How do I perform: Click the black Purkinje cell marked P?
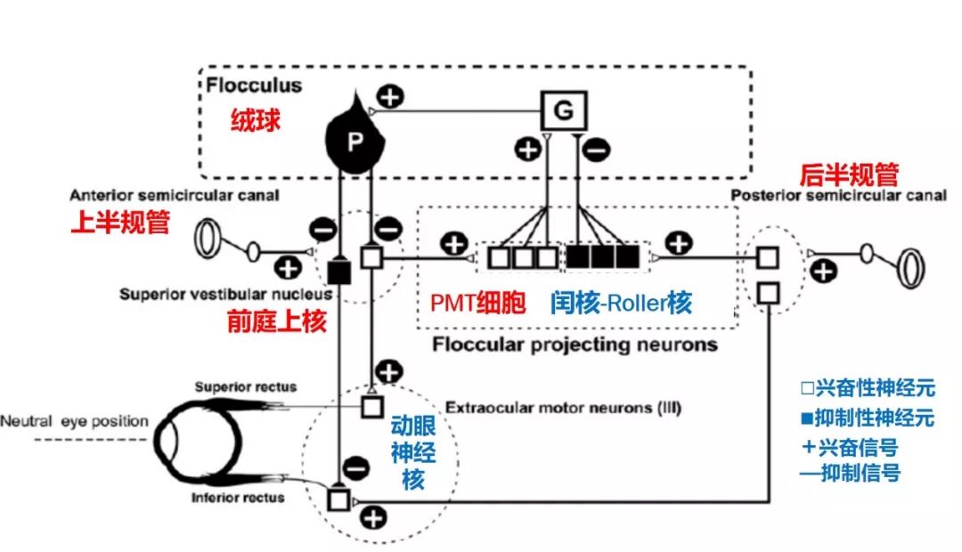[x=354, y=142]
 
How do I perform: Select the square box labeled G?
[x=564, y=110]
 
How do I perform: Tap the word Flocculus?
[x=254, y=86]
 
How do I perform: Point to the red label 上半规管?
[x=119, y=223]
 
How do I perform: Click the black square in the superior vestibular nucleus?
[x=338, y=271]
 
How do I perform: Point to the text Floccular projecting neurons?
[x=575, y=344]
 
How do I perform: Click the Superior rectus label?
[x=246, y=387]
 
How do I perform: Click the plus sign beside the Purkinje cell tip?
[x=389, y=96]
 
